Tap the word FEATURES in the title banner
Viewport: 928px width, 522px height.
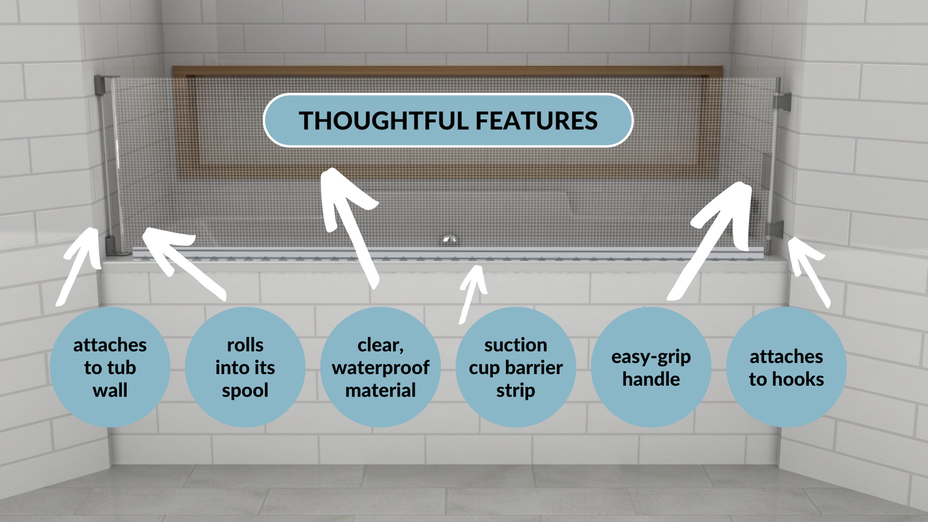tap(536, 121)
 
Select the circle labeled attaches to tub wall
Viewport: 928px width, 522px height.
tap(110, 367)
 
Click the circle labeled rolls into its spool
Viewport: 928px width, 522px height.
tap(245, 367)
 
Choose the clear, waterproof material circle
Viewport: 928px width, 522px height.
tap(380, 367)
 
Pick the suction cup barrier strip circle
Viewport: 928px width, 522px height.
tap(516, 367)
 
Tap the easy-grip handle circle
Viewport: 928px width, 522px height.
tap(651, 367)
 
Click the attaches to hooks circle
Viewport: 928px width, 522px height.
tap(786, 367)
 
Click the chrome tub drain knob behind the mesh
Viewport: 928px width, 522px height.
tap(450, 239)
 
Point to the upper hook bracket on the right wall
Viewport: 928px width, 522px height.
tap(783, 101)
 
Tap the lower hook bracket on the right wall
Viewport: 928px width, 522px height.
tap(776, 230)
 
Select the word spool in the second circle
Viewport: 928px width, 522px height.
tap(245, 391)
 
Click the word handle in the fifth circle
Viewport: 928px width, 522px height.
tap(651, 379)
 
